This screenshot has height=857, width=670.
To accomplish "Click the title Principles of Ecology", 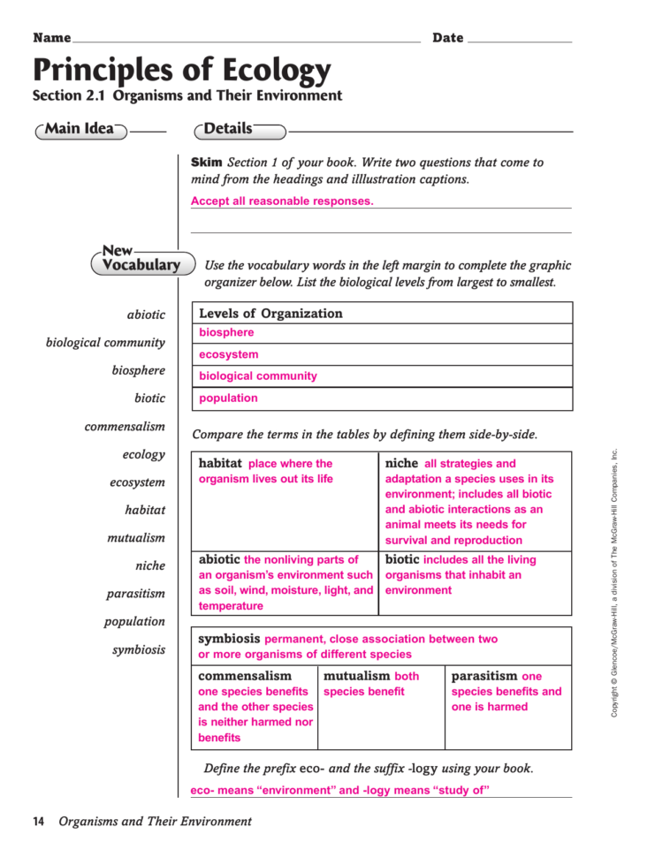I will tap(182, 69).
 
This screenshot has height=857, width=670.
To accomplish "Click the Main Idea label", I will tap(80, 130).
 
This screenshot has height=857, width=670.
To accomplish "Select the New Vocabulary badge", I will tap(141, 260).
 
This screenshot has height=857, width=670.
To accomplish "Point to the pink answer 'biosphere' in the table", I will tap(226, 333).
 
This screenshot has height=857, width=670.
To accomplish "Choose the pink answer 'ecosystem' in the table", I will tap(229, 355).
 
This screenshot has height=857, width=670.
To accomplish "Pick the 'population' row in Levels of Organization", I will tap(228, 398).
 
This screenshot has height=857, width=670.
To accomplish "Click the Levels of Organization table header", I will tap(270, 314).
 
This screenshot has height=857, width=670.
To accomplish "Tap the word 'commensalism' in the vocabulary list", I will tap(125, 427).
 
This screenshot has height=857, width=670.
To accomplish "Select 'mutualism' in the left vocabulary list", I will tap(136, 538).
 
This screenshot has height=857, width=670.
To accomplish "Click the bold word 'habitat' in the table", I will tap(220, 463).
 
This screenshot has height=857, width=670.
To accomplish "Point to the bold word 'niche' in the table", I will tap(402, 463).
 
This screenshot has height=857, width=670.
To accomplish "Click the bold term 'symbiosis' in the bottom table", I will tap(229, 638).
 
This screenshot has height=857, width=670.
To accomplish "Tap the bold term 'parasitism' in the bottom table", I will tap(484, 676).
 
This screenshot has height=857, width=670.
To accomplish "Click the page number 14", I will tap(39, 822).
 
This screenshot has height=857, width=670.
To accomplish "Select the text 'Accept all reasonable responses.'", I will tap(282, 201).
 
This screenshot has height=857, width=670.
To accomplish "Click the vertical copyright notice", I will tap(615, 583).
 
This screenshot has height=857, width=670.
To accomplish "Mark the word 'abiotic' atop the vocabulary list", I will tap(146, 315).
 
